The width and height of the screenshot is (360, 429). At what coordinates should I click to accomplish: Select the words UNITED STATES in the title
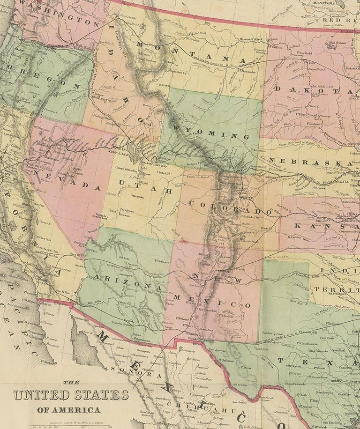click(x=71, y=395)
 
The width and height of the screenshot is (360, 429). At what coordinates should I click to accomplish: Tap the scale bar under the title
click(x=70, y=425)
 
